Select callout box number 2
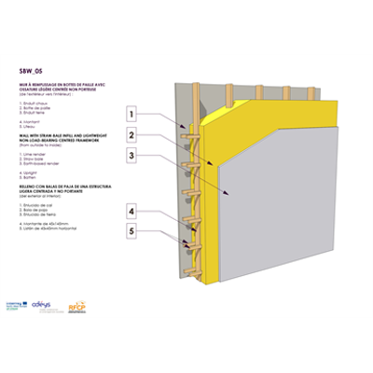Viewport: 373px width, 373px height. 133,134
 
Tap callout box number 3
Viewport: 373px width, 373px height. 133,155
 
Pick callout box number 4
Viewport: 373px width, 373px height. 133,210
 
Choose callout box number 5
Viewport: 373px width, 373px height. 133,230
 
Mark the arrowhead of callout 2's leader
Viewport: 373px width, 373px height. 214,165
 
